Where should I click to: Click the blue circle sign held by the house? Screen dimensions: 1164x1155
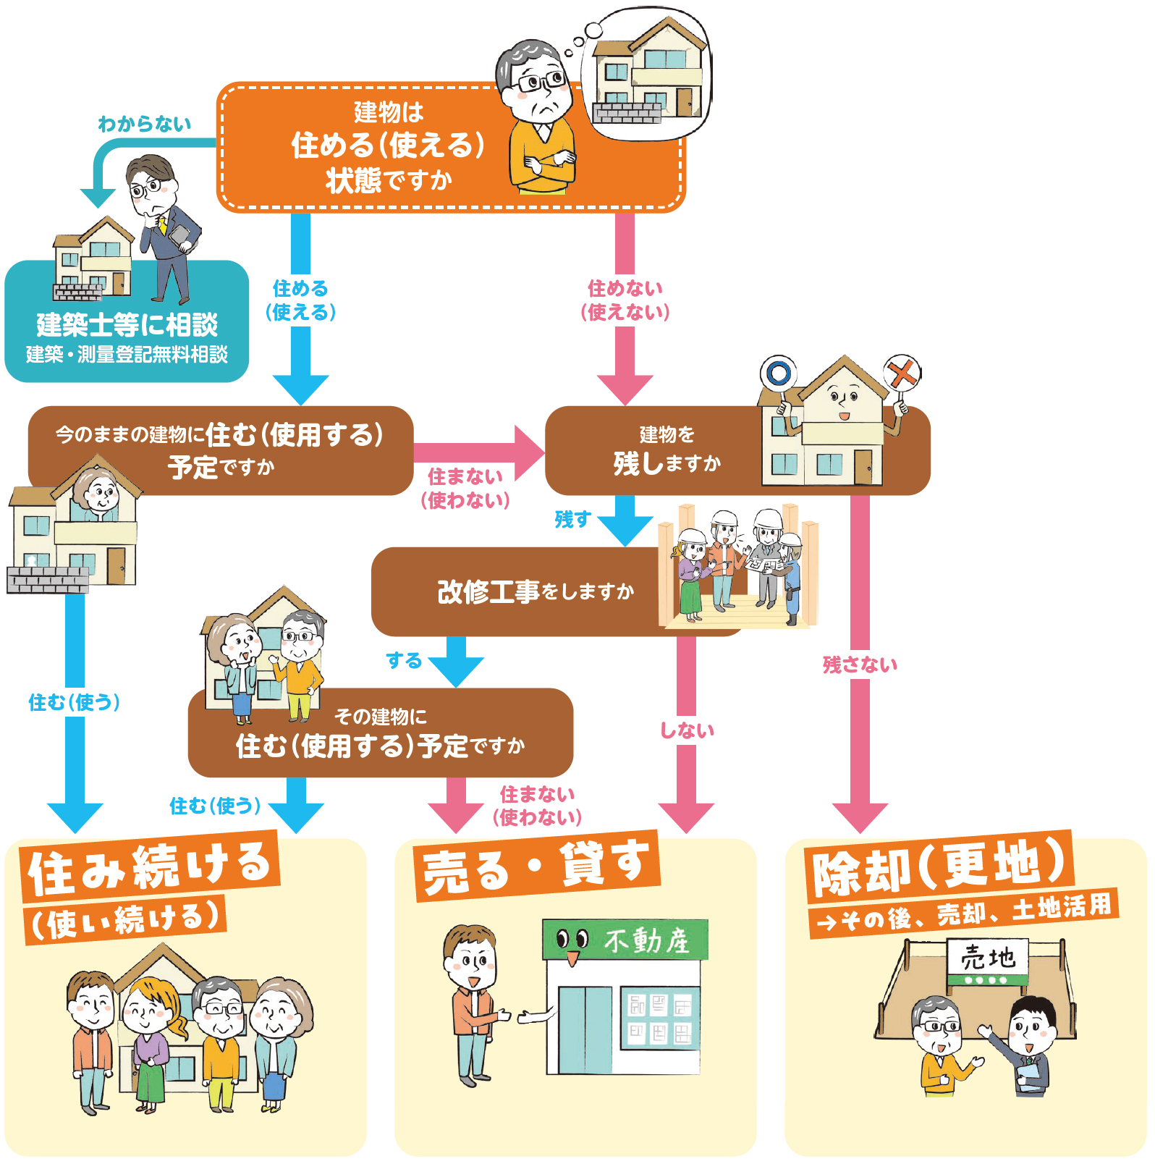pyautogui.click(x=778, y=374)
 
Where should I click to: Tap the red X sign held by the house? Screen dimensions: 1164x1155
pyautogui.click(x=902, y=374)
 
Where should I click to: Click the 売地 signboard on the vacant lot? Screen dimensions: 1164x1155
pyautogui.click(x=988, y=958)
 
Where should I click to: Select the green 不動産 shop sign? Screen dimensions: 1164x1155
pyautogui.click(x=625, y=940)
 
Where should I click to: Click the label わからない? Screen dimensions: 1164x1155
pyautogui.click(x=145, y=125)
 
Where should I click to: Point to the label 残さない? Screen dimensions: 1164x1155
pyautogui.click(x=860, y=665)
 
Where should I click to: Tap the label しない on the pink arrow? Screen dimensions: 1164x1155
pyautogui.click(x=687, y=730)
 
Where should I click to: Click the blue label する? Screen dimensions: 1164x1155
pyautogui.click(x=404, y=660)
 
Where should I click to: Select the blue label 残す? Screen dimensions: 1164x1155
pyautogui.click(x=572, y=519)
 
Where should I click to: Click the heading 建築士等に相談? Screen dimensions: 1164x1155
pyautogui.click(x=127, y=325)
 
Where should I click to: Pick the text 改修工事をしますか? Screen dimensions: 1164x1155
pyautogui.click(x=536, y=592)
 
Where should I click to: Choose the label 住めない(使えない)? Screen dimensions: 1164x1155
pyautogui.click(x=625, y=300)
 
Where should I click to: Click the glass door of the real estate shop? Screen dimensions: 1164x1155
pyautogui.click(x=585, y=1029)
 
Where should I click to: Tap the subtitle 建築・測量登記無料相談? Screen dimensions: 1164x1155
pyautogui.click(x=127, y=355)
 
